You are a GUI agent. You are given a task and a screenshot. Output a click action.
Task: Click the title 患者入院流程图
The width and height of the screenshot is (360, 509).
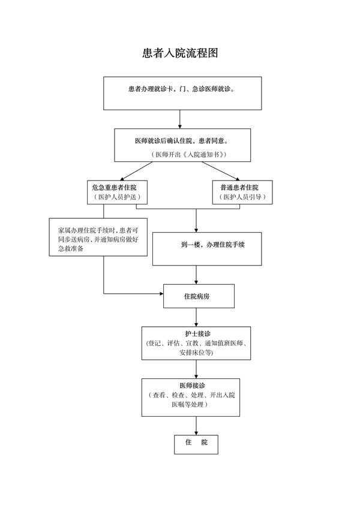pyautogui.click(x=180, y=53)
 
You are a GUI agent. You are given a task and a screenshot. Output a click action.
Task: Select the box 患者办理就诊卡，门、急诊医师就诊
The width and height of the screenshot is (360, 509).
pyautogui.click(x=182, y=93)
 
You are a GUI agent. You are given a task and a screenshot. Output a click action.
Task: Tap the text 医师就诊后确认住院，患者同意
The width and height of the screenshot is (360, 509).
pyautogui.click(x=181, y=141)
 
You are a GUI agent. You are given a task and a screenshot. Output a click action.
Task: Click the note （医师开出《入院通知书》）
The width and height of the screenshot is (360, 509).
pyautogui.click(x=189, y=155)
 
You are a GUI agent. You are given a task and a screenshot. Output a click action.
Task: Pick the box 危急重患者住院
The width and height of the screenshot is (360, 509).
pyautogui.click(x=117, y=192)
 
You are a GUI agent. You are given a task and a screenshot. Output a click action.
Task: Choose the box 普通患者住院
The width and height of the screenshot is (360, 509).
pyautogui.click(x=242, y=192)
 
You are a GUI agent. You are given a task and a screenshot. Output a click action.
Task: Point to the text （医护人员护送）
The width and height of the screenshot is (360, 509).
pyautogui.click(x=117, y=197)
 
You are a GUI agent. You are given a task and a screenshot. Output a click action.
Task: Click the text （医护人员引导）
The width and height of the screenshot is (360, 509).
pyautogui.click(x=242, y=197)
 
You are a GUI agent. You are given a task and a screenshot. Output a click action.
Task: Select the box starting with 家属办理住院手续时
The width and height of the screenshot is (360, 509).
pyautogui.click(x=98, y=237)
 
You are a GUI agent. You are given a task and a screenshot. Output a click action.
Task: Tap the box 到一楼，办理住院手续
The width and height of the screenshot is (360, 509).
pyautogui.click(x=207, y=249)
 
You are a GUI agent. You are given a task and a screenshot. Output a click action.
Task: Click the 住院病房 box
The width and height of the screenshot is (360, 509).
pyautogui.click(x=199, y=296)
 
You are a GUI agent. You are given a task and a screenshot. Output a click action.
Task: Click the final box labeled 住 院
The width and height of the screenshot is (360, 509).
pyautogui.click(x=196, y=444)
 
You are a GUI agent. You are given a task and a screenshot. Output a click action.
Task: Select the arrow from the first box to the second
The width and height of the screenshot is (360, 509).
pyautogui.click(x=179, y=119)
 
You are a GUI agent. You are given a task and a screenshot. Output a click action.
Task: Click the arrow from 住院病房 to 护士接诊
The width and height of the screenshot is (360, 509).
pyautogui.click(x=196, y=317)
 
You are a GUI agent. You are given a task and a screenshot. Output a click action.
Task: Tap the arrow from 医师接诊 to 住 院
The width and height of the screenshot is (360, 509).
pyautogui.click(x=196, y=426)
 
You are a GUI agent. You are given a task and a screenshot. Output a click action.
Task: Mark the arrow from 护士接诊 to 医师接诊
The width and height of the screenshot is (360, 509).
pyautogui.click(x=196, y=369)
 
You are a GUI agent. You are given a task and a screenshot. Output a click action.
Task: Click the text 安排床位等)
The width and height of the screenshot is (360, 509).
pyautogui.click(x=196, y=352)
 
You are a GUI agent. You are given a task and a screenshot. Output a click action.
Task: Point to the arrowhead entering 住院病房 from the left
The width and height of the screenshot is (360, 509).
pyautogui.click(x=161, y=294)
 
